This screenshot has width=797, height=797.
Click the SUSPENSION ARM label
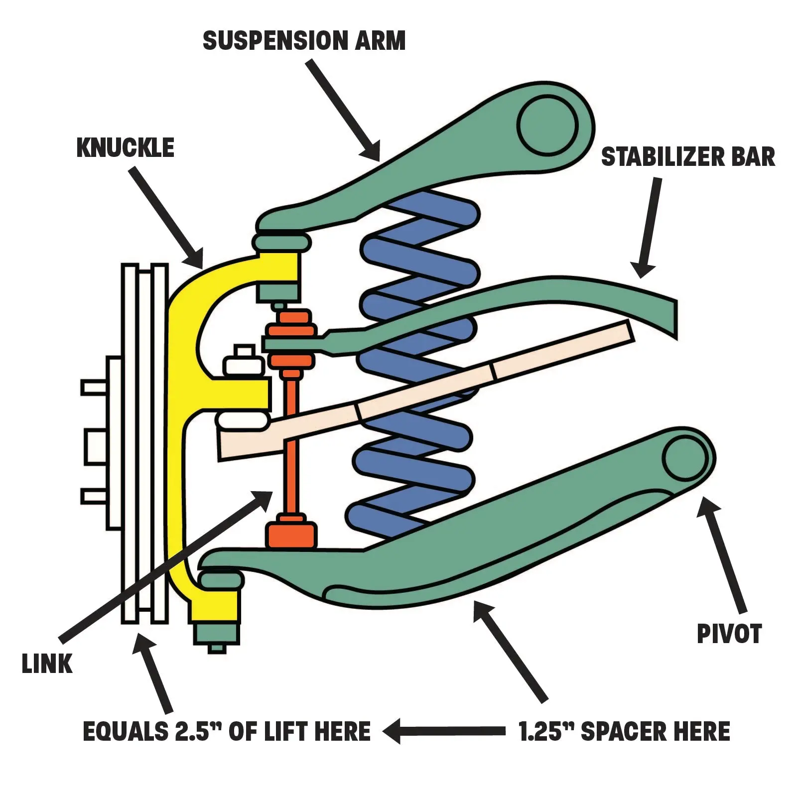(304, 41)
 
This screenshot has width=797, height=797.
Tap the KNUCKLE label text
(125, 148)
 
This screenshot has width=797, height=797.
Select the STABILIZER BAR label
(688, 157)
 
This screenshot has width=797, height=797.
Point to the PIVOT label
(729, 634)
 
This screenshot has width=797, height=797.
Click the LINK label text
(47, 664)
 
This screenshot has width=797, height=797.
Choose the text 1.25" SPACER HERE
(624, 732)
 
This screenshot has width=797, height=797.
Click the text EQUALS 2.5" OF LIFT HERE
(227, 732)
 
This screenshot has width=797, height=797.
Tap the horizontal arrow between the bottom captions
(443, 731)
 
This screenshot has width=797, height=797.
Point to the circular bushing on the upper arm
(547, 124)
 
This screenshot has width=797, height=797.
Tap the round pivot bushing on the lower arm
(686, 458)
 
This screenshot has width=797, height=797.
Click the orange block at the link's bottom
(291, 534)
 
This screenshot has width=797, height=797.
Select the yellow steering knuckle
(182, 398)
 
